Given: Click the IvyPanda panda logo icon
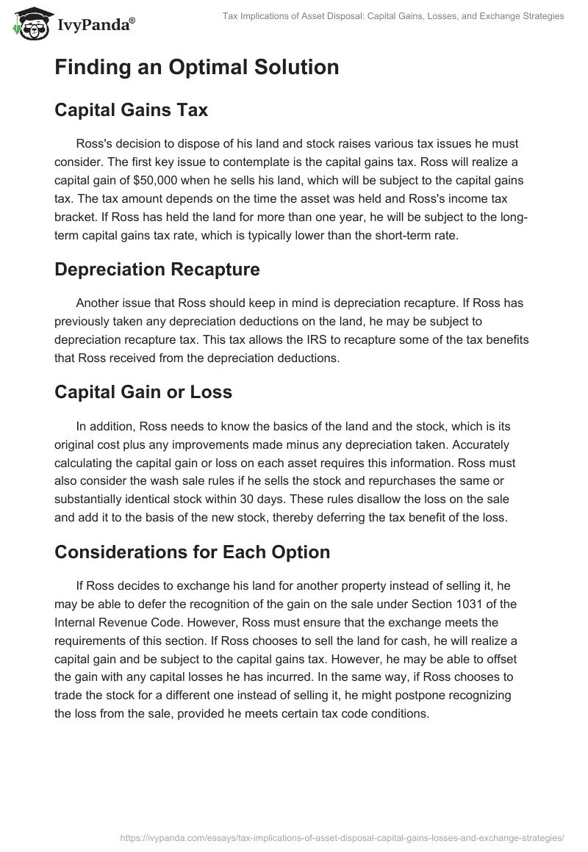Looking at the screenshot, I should click(x=27, y=24).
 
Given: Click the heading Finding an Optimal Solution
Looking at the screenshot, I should click(x=196, y=68).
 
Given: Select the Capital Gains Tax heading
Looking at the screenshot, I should click(x=131, y=110).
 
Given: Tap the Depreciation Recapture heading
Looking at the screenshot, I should click(x=157, y=270).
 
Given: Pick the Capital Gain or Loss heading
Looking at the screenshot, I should click(x=143, y=392).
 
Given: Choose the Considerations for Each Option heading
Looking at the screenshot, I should click(x=192, y=553).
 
